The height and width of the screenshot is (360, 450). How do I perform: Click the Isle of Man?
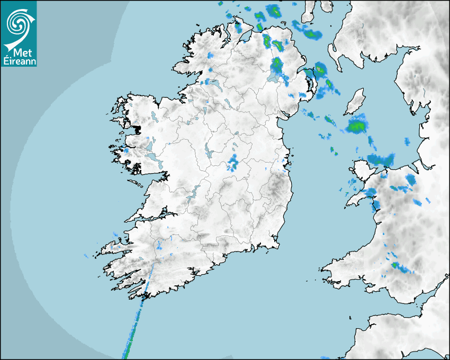pos(355,102)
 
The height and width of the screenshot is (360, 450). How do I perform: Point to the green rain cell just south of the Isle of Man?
pos(357,126)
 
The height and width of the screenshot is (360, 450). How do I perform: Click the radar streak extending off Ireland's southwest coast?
pos(135,323)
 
